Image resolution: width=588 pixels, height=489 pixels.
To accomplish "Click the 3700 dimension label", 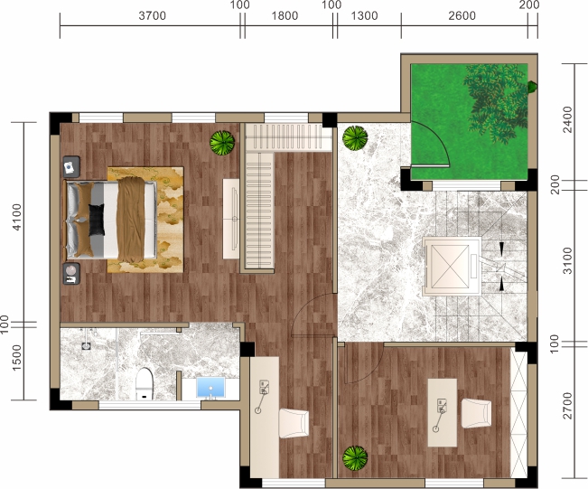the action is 153,15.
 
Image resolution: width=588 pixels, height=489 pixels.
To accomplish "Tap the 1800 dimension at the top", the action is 285,15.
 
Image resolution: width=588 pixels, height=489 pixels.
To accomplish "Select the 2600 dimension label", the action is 462,15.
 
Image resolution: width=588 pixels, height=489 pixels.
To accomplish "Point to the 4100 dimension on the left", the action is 17,217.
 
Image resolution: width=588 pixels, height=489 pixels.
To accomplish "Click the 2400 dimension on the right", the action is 568,119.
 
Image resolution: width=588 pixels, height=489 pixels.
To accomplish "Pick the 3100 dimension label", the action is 568,261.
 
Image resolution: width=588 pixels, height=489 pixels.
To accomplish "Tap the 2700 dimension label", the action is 568,405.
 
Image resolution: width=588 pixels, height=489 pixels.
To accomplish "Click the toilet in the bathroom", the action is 145,383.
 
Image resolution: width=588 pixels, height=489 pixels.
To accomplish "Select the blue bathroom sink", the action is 210,388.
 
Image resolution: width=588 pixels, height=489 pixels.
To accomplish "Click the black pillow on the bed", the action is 97,220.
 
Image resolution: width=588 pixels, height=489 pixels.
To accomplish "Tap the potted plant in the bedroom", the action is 222,142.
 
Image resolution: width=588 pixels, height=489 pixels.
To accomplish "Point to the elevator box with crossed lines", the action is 450,266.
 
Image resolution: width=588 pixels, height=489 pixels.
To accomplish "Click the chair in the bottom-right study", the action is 476,413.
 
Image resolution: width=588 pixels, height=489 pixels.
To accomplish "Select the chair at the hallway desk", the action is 294,423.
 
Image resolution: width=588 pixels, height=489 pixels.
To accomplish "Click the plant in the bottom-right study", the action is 355,458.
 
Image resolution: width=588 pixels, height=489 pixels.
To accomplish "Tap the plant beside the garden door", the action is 355,138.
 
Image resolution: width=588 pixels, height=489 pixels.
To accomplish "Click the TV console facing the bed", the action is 231,219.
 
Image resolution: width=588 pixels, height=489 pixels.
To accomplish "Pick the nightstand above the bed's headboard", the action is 71,167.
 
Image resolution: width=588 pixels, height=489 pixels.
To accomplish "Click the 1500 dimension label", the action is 17,358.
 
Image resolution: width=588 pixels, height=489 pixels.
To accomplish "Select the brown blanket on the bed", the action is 131,220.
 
